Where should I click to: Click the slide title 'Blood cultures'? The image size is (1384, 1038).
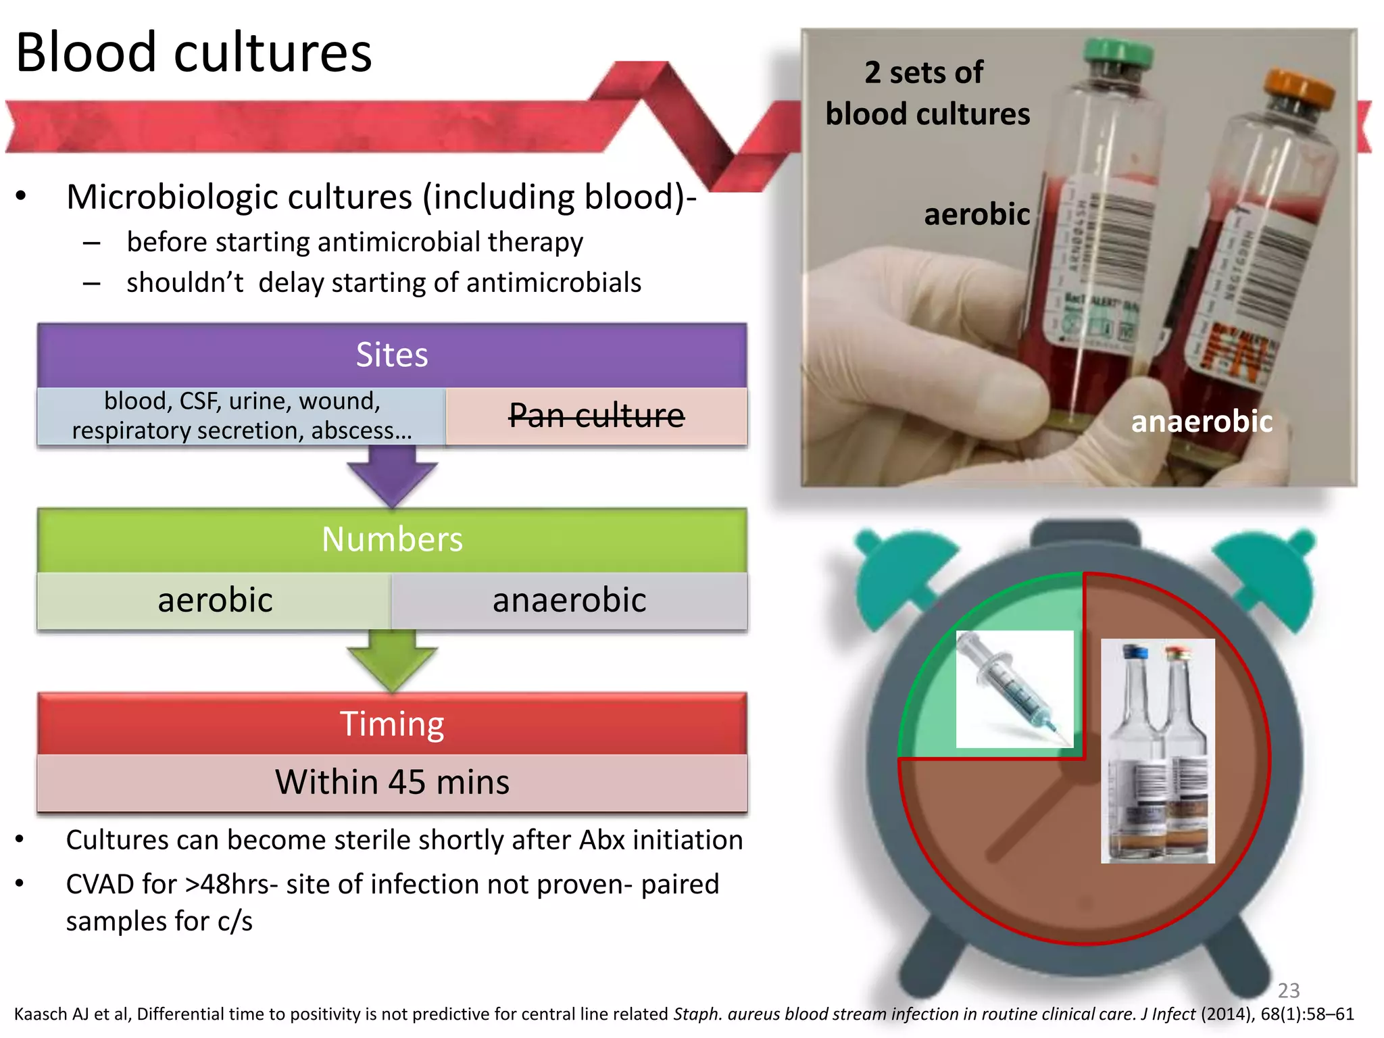[193, 53]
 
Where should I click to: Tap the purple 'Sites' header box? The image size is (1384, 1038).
[392, 355]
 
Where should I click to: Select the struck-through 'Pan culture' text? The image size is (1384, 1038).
[596, 415]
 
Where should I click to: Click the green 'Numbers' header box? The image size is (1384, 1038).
[392, 539]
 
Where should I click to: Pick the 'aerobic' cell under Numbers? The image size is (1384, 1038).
[215, 600]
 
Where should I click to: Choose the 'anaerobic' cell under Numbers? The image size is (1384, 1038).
[569, 600]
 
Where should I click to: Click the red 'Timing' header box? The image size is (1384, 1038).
[392, 723]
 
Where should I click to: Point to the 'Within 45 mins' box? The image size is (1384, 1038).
[392, 782]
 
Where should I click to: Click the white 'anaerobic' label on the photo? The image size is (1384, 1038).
[1202, 422]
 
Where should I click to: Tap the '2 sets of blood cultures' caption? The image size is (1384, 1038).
[927, 93]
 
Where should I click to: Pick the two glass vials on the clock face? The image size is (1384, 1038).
[1158, 750]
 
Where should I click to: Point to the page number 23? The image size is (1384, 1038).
[1288, 990]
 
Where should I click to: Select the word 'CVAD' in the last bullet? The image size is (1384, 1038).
[99, 884]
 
